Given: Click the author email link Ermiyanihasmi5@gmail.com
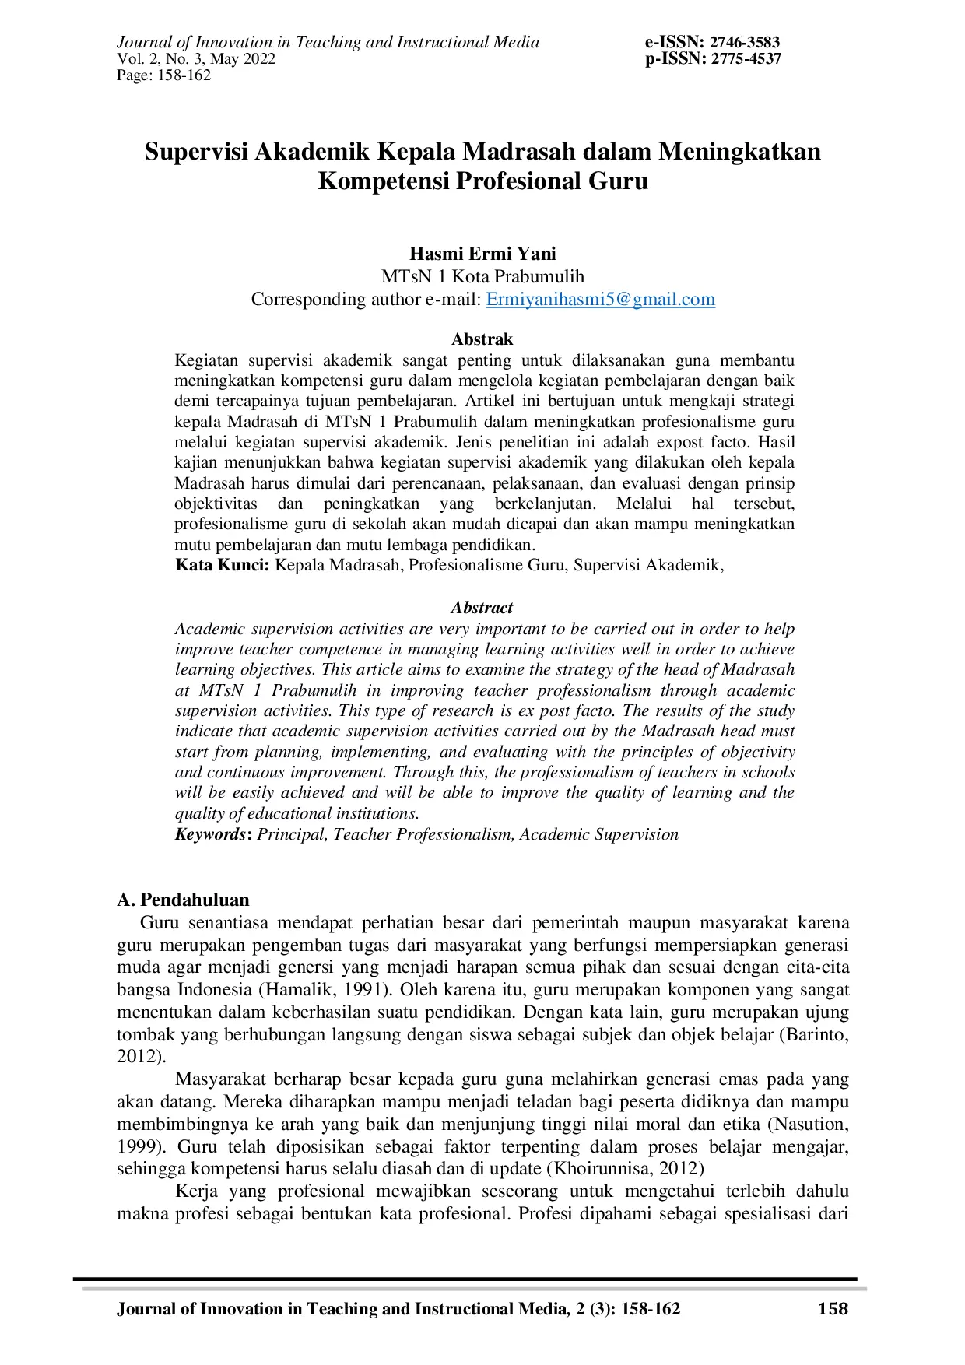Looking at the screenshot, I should [x=600, y=300].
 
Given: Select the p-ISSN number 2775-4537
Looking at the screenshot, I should [x=746, y=59].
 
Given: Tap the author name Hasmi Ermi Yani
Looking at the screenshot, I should [x=482, y=254].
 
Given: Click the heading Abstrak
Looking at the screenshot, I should [x=482, y=339].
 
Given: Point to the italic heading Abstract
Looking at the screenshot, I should [x=482, y=608].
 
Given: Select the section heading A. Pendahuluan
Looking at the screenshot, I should [x=183, y=900].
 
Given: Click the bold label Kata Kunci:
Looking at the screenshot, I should [x=223, y=565].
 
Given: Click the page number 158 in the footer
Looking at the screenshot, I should [x=833, y=1309].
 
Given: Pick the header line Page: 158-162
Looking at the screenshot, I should [x=164, y=75].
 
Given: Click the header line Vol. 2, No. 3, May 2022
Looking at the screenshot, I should [x=196, y=59].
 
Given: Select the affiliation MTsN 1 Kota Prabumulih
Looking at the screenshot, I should [x=482, y=276].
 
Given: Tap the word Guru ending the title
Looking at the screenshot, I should [x=618, y=181].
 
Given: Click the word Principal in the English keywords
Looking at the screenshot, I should [x=293, y=834].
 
